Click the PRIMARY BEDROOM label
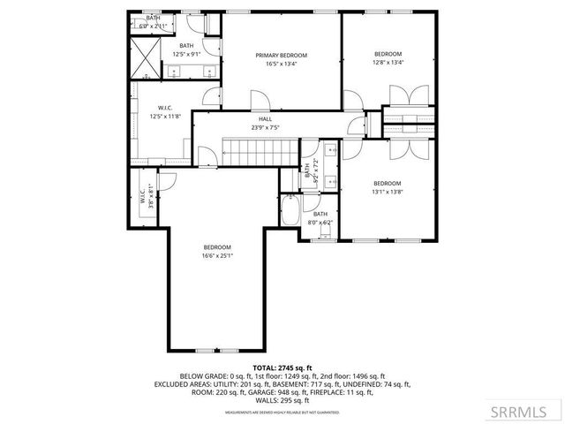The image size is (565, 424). click(282, 54)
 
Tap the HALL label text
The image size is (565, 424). click(265, 118)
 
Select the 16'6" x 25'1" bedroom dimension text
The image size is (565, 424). click(217, 256)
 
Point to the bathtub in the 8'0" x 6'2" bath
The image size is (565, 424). click(291, 212)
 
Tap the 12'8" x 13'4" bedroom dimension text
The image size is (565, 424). click(388, 63)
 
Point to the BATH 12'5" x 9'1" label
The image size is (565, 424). click(186, 50)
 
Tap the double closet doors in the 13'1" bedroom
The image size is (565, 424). click(399, 148)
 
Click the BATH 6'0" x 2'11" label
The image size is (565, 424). click(154, 22)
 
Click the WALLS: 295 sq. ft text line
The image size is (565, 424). click(282, 400)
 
